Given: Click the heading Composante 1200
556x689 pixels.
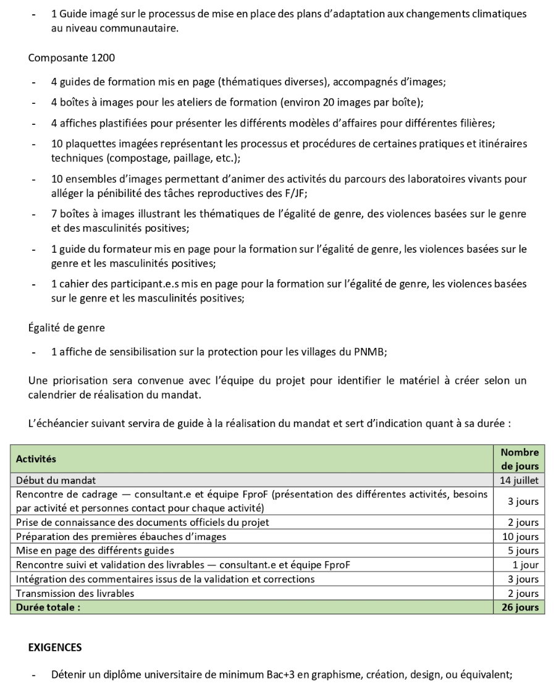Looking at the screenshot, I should click(x=71, y=58).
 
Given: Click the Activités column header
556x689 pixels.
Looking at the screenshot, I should click(x=36, y=459).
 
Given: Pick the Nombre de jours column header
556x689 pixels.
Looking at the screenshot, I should click(x=519, y=459).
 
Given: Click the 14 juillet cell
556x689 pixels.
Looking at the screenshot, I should click(x=519, y=480).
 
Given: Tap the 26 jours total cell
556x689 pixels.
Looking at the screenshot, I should click(x=519, y=607).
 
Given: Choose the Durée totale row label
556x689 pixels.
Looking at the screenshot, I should click(x=48, y=607).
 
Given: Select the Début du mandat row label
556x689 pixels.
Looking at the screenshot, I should click(x=56, y=480).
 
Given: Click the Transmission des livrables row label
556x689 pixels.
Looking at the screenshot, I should click(x=75, y=593).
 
